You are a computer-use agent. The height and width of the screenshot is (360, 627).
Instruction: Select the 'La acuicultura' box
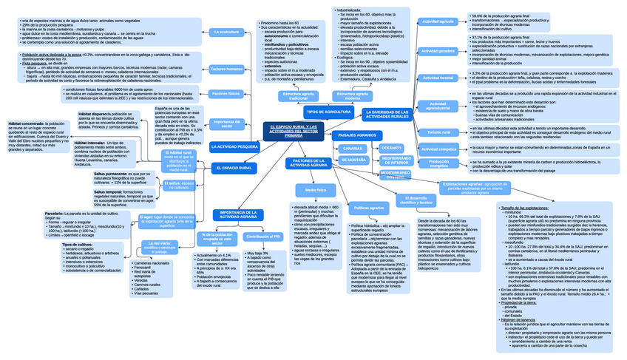225,33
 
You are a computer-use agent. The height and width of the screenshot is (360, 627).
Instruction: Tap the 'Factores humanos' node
226,69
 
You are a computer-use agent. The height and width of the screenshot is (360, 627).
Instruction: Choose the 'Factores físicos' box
225,94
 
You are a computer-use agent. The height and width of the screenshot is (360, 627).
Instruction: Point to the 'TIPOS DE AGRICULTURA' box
328,112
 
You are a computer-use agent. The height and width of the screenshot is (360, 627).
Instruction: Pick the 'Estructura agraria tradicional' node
298,96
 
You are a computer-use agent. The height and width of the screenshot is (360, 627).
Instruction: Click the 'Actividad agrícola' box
438,22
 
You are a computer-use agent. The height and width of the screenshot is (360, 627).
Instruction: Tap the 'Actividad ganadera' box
438,51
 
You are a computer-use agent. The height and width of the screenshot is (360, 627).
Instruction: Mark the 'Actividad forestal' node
438,78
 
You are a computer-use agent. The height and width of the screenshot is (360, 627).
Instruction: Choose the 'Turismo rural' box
438,132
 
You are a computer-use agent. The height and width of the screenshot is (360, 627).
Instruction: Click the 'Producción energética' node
438,163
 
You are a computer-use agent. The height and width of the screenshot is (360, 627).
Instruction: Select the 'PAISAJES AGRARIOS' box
357,135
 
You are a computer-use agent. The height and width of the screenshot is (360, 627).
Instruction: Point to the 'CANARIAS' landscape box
353,149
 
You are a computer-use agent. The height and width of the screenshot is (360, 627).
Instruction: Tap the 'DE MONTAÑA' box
353,160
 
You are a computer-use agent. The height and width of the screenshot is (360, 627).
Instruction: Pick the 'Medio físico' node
315,190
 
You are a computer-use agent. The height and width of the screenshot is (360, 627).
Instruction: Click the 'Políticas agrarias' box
367,208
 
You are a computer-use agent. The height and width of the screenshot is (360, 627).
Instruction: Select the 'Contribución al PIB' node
262,237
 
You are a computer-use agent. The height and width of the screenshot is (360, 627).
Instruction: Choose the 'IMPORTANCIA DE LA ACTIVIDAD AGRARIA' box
238,214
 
